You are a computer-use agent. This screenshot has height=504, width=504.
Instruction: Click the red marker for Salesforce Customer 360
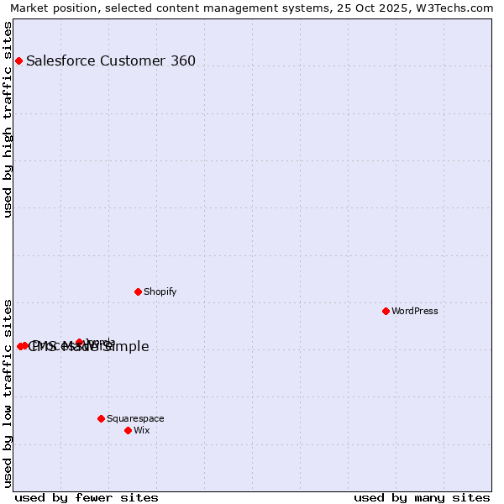(x=18, y=60)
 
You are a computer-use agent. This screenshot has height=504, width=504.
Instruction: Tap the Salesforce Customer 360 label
(x=111, y=60)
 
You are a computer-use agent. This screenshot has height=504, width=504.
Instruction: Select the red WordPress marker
(x=386, y=311)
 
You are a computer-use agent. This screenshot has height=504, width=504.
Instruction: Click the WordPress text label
(x=415, y=311)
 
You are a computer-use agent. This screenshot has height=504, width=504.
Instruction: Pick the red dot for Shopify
(x=138, y=291)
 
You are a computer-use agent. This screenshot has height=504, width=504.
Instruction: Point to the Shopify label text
(x=160, y=291)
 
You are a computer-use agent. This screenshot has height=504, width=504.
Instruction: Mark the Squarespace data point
(x=101, y=418)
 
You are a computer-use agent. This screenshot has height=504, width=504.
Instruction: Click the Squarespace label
(x=135, y=418)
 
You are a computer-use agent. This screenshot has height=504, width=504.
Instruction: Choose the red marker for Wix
(x=128, y=430)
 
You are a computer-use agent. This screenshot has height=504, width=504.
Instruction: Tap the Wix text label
(x=141, y=430)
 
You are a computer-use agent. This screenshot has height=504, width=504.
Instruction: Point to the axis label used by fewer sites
(x=86, y=497)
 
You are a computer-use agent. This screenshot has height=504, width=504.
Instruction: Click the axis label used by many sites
(x=422, y=497)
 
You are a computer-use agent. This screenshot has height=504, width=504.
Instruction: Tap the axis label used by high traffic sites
(x=8, y=119)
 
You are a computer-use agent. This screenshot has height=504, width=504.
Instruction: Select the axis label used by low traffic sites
(x=8, y=392)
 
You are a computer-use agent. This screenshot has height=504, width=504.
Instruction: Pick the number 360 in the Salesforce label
(x=182, y=60)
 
